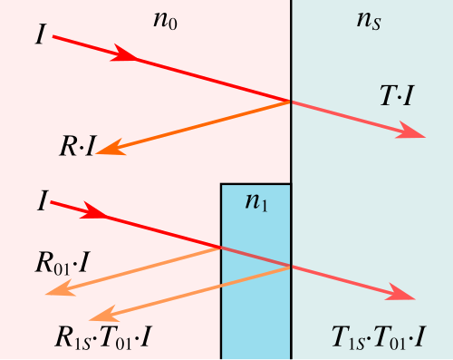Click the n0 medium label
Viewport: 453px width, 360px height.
[x=165, y=22]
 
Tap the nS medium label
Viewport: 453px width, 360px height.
[x=369, y=22]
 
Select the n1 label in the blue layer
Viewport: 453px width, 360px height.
[x=256, y=203]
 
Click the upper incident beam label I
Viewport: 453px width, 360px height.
[x=41, y=34]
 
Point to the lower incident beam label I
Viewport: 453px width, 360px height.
[x=43, y=200]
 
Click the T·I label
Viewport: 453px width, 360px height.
[x=397, y=95]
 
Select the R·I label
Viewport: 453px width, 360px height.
[x=77, y=147]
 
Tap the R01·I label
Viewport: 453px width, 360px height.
[x=63, y=264]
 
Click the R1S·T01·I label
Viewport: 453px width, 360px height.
[x=102, y=338]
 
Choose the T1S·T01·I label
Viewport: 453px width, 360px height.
[x=379, y=338]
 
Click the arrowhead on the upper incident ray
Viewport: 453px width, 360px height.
[x=124, y=54]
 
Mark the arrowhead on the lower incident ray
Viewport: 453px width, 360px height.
[x=93, y=210]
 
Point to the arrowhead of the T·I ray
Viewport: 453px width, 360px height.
[x=410, y=131]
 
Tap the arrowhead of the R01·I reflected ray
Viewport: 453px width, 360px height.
[x=60, y=288]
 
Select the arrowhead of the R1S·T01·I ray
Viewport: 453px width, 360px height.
[x=104, y=314]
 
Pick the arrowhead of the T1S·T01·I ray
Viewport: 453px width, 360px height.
[x=400, y=292]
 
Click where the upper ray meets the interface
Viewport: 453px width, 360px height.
[x=291, y=102]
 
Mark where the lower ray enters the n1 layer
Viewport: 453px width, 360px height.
[x=221, y=248]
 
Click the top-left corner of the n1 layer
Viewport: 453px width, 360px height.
[x=221, y=184]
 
